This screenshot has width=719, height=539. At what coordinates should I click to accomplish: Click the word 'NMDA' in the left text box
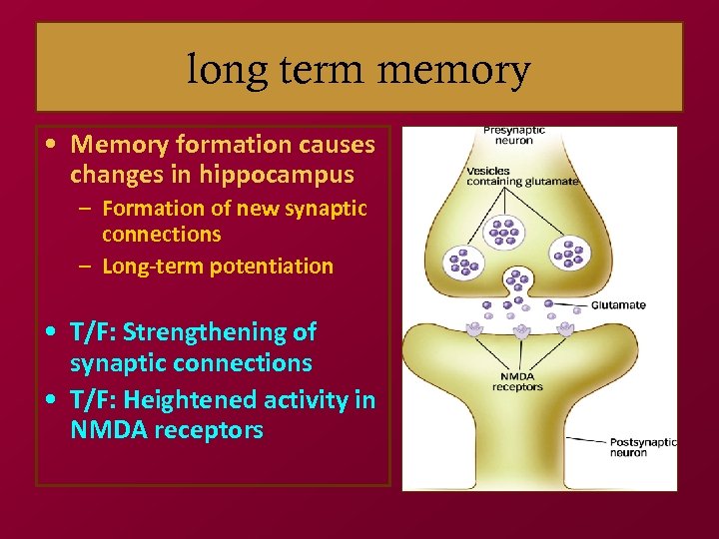(x=108, y=430)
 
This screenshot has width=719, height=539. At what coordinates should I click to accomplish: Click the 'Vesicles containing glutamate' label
(x=522, y=176)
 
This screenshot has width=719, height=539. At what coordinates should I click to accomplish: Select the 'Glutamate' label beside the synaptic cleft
(x=619, y=305)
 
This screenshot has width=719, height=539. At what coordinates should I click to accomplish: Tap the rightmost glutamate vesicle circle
(x=571, y=256)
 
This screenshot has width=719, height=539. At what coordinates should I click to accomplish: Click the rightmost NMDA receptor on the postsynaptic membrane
(x=566, y=327)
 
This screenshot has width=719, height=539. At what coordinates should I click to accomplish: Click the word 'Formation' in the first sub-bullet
(x=151, y=209)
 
